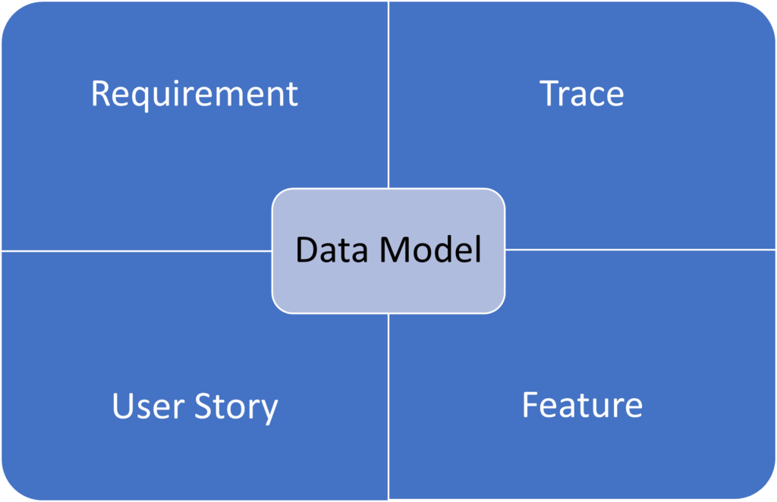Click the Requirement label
194,94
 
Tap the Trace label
582,94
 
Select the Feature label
582,405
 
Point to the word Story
237,408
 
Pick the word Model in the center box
431,250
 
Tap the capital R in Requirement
100,94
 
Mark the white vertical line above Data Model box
388,95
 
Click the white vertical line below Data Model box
388,406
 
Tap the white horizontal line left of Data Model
137,250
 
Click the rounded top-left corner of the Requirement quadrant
11,11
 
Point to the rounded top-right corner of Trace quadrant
765,11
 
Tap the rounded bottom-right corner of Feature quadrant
765,490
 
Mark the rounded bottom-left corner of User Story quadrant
11,490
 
